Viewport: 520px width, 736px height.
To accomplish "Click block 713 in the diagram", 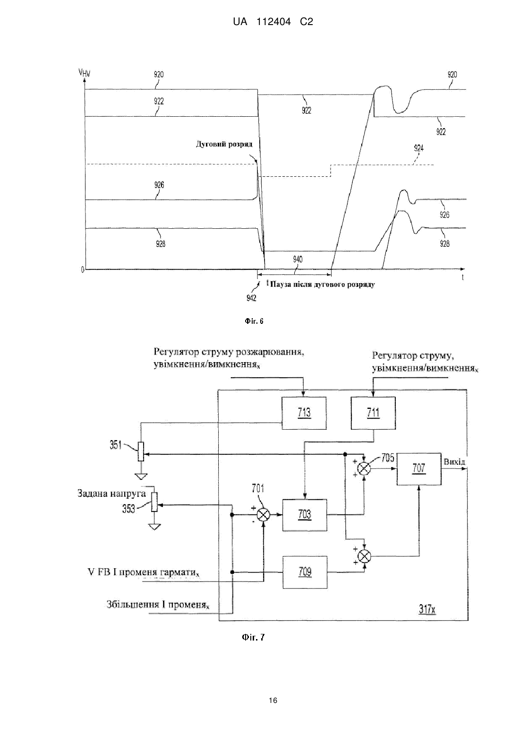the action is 304,413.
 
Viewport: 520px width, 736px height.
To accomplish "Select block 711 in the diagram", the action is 373,413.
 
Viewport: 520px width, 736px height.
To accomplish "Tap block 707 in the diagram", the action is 419,469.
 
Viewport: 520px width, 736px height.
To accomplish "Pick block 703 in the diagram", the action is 305,515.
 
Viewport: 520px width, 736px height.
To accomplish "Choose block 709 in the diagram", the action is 305,572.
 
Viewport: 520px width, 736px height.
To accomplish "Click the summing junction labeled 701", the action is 263,515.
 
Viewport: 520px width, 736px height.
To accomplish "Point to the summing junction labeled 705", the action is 364,468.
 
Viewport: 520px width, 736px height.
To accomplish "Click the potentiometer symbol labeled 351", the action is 141,452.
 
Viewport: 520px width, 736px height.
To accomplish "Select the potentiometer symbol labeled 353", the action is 154,502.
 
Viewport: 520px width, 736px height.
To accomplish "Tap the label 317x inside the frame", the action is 427,609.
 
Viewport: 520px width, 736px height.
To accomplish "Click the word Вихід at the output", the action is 454,462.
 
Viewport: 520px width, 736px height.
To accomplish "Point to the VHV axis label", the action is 85,72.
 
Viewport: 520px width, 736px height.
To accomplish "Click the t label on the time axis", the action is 462,277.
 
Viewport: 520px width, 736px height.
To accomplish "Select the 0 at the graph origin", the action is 83,270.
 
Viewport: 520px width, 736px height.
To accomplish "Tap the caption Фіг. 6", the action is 254,321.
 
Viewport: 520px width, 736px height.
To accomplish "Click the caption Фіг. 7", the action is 253,637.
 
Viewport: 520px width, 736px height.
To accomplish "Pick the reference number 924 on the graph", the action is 418,148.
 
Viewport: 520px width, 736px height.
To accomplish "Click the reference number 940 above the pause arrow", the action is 298,259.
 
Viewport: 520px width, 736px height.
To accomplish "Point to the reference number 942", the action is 251,298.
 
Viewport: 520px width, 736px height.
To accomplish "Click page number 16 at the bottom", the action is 273,701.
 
